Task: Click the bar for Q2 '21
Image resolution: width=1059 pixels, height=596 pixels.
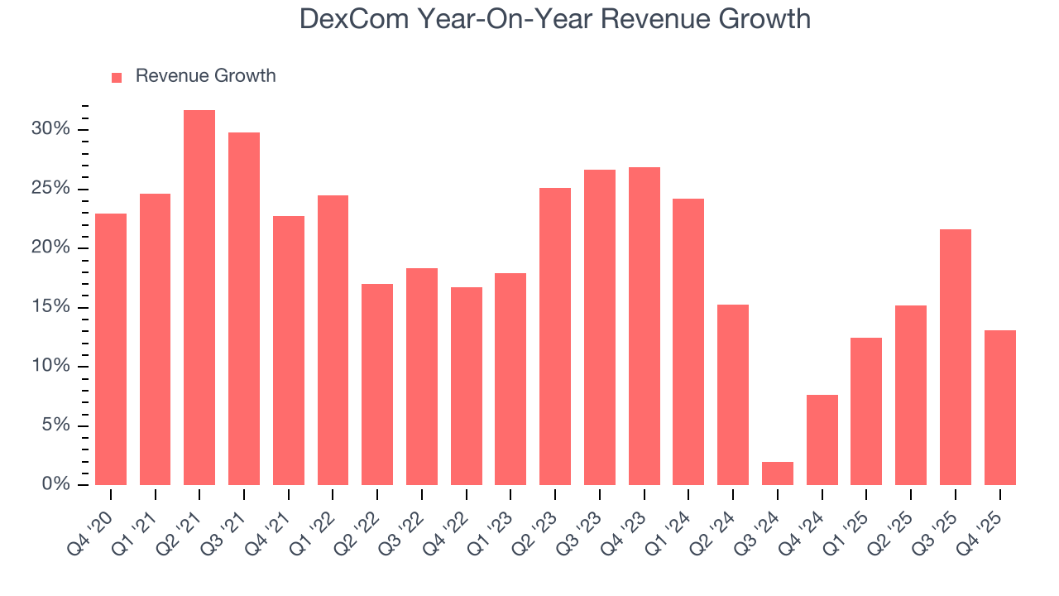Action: pos(199,297)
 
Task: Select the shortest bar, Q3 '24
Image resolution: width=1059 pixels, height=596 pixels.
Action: pos(778,473)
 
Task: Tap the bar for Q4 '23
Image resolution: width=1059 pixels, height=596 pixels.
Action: pos(644,326)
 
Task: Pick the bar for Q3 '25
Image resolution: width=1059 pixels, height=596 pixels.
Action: pos(956,357)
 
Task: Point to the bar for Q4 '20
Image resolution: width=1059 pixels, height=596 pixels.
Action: pos(111,349)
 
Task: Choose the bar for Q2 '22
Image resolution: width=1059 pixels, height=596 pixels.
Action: pos(377,384)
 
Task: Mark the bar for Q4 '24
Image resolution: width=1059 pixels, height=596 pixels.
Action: pos(822,440)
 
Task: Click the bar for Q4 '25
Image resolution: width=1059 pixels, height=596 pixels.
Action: pos(1000,407)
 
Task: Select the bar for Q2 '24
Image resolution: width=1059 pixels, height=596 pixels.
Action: pos(733,395)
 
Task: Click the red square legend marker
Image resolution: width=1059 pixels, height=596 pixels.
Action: pos(117,77)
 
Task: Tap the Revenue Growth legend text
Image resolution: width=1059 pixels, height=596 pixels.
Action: pos(205,76)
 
